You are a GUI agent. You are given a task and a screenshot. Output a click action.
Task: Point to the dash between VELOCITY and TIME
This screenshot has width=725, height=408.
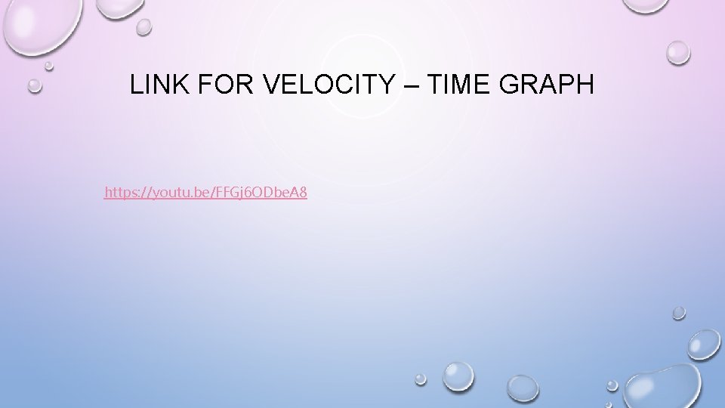tap(410, 85)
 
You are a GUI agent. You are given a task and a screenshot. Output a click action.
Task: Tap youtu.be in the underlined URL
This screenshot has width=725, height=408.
tap(180, 193)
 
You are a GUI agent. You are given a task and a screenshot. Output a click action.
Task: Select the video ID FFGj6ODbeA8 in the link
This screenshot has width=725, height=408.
tap(261, 193)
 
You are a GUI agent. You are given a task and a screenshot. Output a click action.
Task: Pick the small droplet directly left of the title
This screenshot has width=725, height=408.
tap(35, 85)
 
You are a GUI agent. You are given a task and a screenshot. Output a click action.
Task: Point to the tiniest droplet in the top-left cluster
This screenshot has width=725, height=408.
tap(49, 66)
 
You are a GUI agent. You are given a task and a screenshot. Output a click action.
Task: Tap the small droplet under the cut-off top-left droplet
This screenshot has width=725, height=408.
tap(143, 26)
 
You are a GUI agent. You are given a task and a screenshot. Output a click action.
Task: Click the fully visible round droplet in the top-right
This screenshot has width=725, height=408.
tap(677, 51)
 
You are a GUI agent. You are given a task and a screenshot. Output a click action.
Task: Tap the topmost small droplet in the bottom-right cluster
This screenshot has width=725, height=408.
tap(679, 312)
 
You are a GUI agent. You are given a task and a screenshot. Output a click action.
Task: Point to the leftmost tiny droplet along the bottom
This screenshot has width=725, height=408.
tap(421, 379)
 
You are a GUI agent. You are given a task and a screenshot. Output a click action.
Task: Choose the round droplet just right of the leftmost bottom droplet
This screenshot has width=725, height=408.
tap(458, 376)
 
